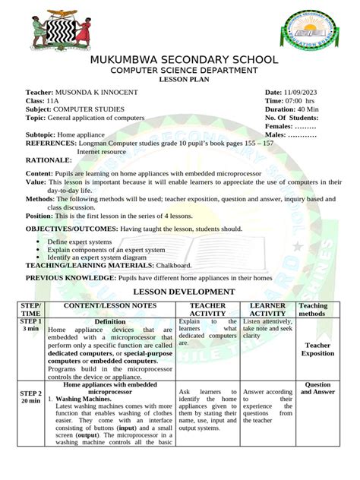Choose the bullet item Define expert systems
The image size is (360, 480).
[79, 242]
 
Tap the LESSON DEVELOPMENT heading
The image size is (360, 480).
[184, 292]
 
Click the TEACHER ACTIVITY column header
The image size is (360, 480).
[207, 309]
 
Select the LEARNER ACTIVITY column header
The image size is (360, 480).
[267, 309]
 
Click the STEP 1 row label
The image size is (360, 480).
[31, 321]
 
